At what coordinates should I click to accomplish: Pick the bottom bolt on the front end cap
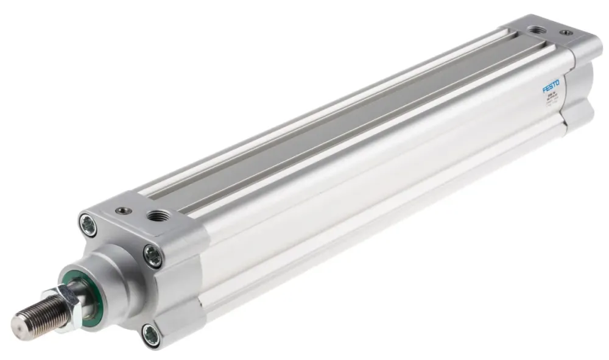[151, 334]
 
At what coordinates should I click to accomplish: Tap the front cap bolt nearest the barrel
[153, 256]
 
